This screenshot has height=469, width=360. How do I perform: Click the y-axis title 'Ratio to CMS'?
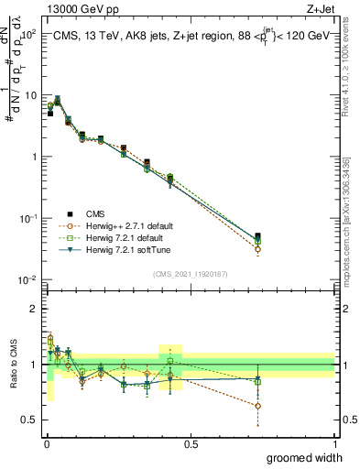pos(13,364)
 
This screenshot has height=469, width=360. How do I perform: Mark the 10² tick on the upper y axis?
pos(27,34)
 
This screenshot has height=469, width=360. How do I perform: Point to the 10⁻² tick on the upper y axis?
pos(27,280)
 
